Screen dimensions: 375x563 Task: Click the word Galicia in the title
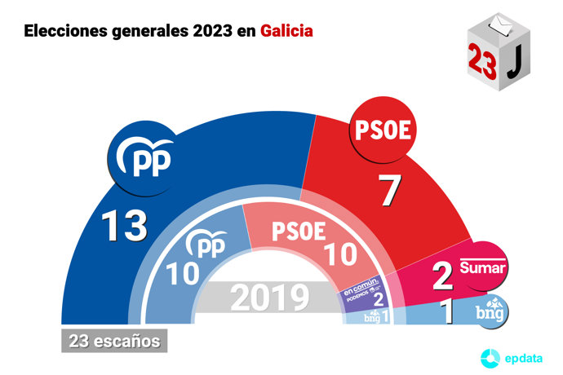[x=286, y=31]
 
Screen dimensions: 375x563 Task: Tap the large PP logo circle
[x=144, y=160]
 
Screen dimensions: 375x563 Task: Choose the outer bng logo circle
[x=491, y=311]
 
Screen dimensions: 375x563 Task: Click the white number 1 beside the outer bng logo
[x=447, y=312]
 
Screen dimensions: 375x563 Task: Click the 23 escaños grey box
[x=114, y=340]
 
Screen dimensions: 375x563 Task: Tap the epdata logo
[x=509, y=356]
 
